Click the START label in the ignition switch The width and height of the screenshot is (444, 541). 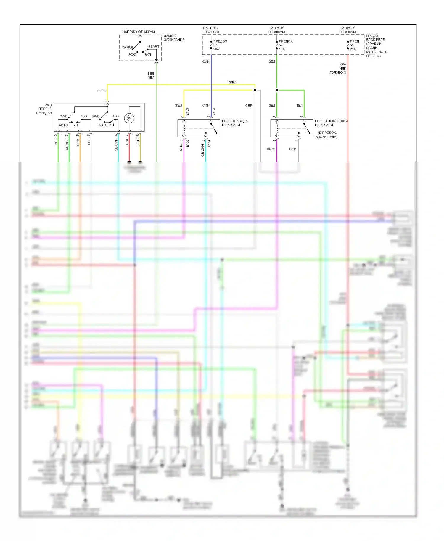(x=154, y=47)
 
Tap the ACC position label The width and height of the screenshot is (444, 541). (x=132, y=54)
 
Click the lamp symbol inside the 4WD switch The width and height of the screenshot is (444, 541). (x=129, y=118)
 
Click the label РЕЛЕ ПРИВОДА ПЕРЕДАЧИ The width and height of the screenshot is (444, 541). (x=235, y=123)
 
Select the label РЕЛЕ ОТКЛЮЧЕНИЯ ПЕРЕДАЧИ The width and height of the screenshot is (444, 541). (x=331, y=123)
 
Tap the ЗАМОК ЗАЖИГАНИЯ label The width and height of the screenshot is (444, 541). (x=174, y=38)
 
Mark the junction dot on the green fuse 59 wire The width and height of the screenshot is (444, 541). (x=277, y=90)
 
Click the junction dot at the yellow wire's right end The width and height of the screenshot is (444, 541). (x=255, y=90)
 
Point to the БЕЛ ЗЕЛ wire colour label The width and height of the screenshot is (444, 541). (x=151, y=75)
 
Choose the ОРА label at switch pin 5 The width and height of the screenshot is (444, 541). (x=78, y=142)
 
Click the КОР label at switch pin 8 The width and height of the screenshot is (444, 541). (x=138, y=142)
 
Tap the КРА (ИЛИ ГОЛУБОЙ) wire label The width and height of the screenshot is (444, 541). (x=338, y=68)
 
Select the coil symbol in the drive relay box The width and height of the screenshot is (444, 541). (x=184, y=128)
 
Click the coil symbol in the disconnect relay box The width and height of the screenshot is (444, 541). (x=277, y=128)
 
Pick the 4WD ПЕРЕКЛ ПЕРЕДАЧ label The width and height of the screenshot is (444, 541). (x=44, y=109)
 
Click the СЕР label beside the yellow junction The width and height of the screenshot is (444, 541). (x=249, y=106)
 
